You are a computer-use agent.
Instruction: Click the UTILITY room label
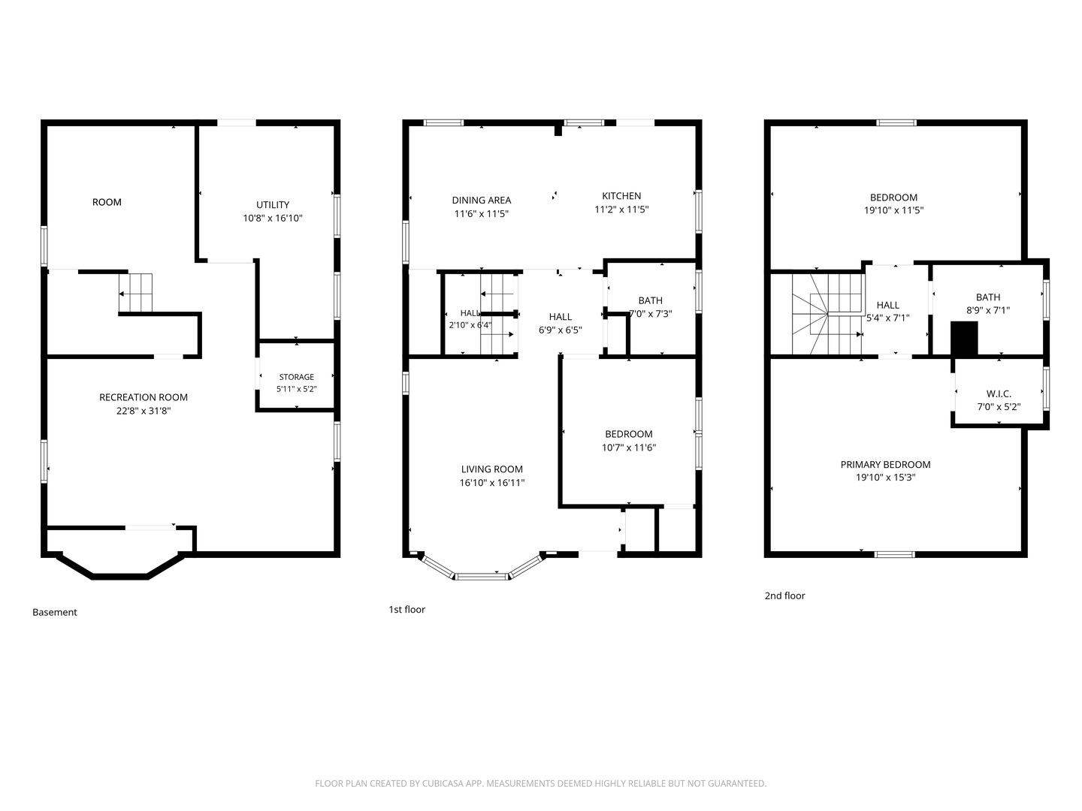point(273,205)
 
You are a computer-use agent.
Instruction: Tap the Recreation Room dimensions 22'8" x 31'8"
point(144,411)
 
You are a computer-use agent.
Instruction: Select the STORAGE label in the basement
point(296,377)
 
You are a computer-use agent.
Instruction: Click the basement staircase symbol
point(135,293)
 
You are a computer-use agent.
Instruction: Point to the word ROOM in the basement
point(107,202)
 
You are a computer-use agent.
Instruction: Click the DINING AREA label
point(482,200)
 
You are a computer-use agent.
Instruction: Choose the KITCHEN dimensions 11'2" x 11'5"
point(621,210)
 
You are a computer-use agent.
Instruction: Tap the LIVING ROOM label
point(492,469)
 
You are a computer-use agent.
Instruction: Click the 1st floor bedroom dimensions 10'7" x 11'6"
point(629,448)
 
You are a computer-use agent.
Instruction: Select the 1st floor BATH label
point(650,300)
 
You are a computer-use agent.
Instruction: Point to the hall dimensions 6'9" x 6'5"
point(561,330)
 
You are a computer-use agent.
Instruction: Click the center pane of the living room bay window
point(482,576)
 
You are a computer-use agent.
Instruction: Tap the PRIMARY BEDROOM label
point(885,464)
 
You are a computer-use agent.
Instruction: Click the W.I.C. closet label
point(999,394)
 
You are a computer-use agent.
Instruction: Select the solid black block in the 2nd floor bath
point(964,338)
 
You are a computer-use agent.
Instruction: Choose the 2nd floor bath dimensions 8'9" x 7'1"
point(988,310)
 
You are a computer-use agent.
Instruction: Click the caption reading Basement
point(55,612)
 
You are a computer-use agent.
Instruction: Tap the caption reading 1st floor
point(407,609)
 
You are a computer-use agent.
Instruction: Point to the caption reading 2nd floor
point(784,595)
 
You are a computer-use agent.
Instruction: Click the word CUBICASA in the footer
point(443,783)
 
